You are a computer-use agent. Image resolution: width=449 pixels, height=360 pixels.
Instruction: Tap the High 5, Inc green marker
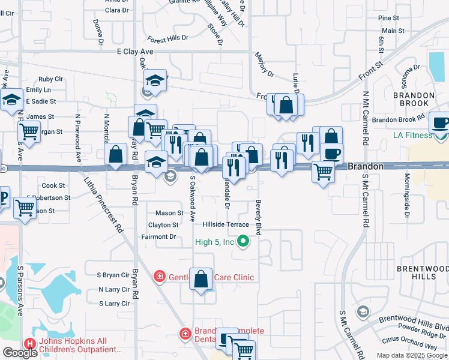point(243,242)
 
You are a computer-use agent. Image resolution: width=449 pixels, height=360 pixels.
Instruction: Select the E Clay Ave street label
point(134,52)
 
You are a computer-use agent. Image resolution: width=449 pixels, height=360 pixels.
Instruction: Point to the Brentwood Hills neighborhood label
point(417,272)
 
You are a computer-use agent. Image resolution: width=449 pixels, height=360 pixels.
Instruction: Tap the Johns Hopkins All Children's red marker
point(29,344)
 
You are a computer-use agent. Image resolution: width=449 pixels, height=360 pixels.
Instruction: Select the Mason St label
point(169,213)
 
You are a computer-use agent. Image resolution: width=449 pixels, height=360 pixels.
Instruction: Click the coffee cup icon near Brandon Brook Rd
point(441,123)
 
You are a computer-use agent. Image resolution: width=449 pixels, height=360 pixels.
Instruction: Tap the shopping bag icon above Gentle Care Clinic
point(202,279)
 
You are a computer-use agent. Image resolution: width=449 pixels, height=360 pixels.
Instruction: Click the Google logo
point(20,353)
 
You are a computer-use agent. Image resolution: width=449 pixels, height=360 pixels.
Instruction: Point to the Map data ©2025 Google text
point(412,355)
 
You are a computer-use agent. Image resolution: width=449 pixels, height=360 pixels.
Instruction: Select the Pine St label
point(388,19)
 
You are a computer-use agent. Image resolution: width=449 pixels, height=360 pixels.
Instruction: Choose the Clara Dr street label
point(116,10)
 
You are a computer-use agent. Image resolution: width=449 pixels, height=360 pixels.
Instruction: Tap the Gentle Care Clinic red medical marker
point(159,277)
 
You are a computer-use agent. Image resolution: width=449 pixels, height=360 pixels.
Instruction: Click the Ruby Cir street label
point(50,79)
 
